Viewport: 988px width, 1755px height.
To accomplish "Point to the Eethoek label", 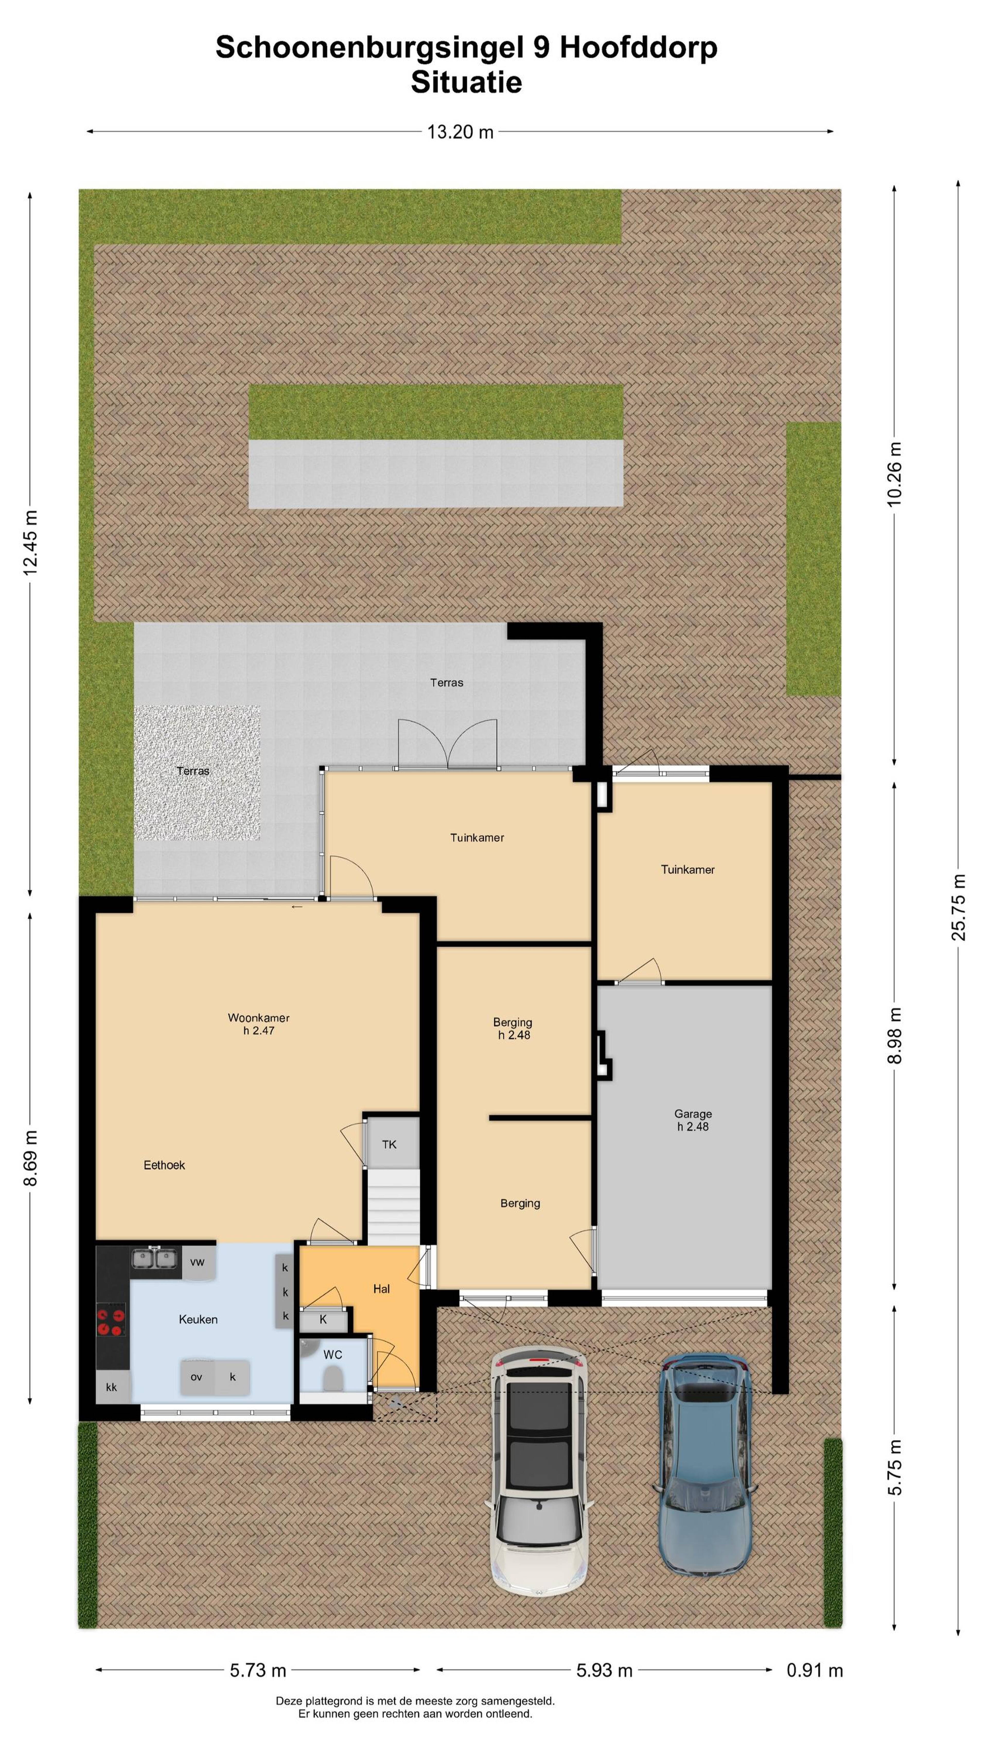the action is click(164, 1165).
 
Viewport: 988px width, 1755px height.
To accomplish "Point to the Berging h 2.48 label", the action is click(513, 1028).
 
